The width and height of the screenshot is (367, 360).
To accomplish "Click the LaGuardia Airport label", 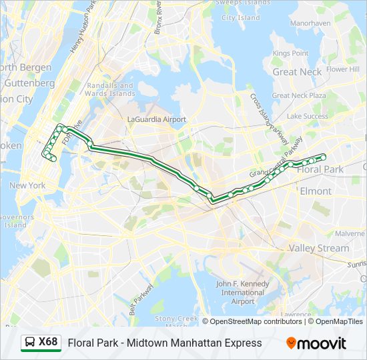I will (157, 119).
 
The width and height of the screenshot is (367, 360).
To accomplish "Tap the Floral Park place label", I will (320, 169).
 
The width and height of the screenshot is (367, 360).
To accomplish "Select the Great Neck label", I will (297, 72).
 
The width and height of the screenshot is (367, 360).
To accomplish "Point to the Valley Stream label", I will (318, 248).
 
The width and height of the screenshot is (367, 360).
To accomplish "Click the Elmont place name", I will (315, 191).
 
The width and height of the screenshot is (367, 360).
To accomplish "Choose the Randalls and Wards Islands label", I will (110, 89).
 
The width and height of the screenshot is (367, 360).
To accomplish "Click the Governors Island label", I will (14, 221).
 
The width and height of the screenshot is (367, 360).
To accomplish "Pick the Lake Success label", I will (307, 116).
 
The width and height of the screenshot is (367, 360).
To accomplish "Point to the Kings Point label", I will (290, 53).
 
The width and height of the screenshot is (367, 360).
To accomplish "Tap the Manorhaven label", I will (310, 23).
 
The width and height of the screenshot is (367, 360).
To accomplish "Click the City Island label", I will (240, 18).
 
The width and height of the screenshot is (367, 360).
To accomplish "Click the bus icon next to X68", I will (30, 343).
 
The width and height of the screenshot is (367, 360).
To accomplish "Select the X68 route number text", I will (48, 343).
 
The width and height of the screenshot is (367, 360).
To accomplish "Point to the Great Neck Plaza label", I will (299, 95).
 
